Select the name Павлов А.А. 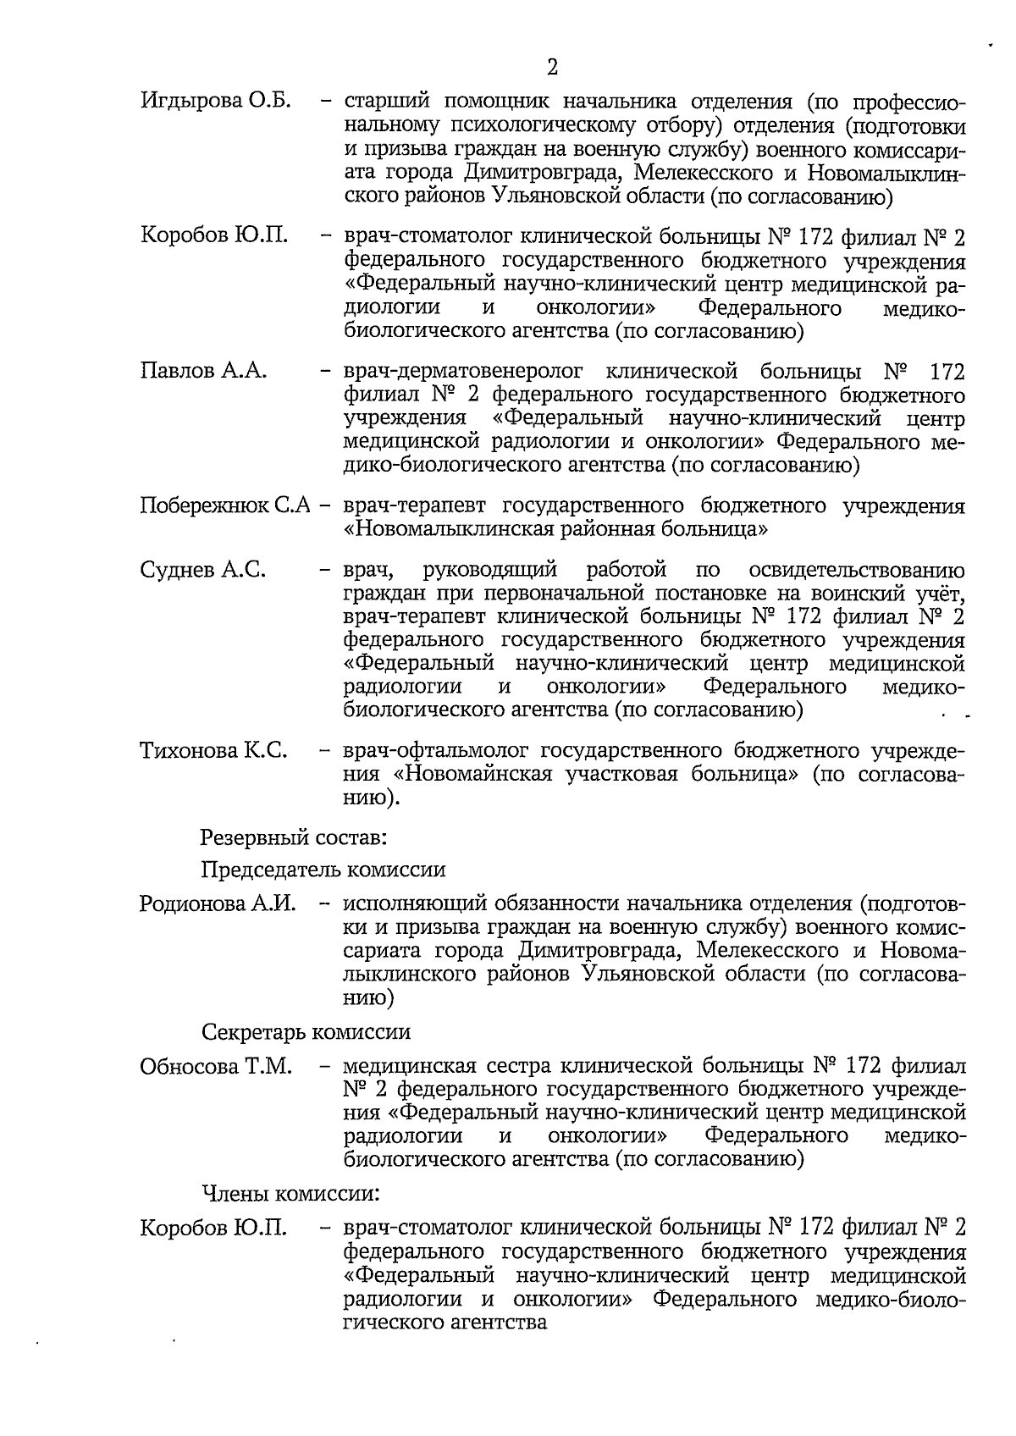pos(203,371)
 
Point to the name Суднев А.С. pos(203,571)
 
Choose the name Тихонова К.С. pos(213,750)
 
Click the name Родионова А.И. pos(218,903)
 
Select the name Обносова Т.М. pos(216,1066)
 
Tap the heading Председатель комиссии pos(323,870)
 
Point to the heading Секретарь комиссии pos(306,1032)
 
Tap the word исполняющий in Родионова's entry pos(418,903)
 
